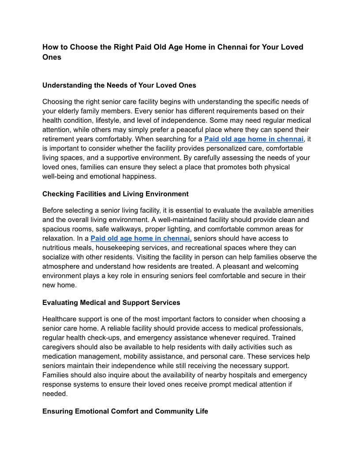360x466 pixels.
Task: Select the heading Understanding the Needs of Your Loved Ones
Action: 119,85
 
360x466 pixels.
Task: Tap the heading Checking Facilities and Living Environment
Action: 115,194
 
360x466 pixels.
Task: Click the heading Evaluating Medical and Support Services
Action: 111,302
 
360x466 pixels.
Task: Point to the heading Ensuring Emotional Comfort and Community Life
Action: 125,411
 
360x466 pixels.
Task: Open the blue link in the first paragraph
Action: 254,139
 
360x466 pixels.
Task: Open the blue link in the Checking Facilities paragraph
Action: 141,239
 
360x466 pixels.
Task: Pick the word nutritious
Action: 61,248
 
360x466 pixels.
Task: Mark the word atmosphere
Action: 63,267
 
